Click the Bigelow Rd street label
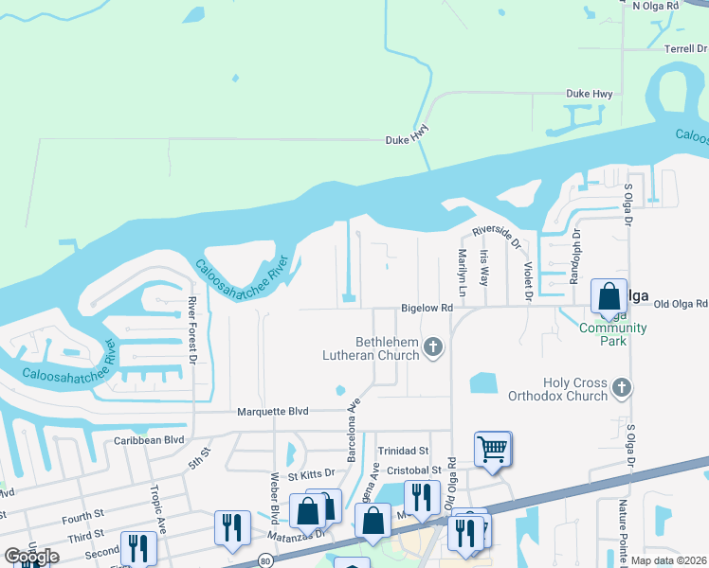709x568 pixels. tap(427, 308)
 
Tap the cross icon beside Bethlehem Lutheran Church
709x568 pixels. tap(433, 347)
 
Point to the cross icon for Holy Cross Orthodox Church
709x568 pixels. tap(621, 386)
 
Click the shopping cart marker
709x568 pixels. tap(493, 449)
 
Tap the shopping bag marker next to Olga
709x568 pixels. tap(608, 296)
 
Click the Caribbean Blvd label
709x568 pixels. tap(148, 440)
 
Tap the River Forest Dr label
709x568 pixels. tap(191, 330)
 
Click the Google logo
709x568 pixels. tap(31, 557)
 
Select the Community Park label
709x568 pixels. tap(613, 334)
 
